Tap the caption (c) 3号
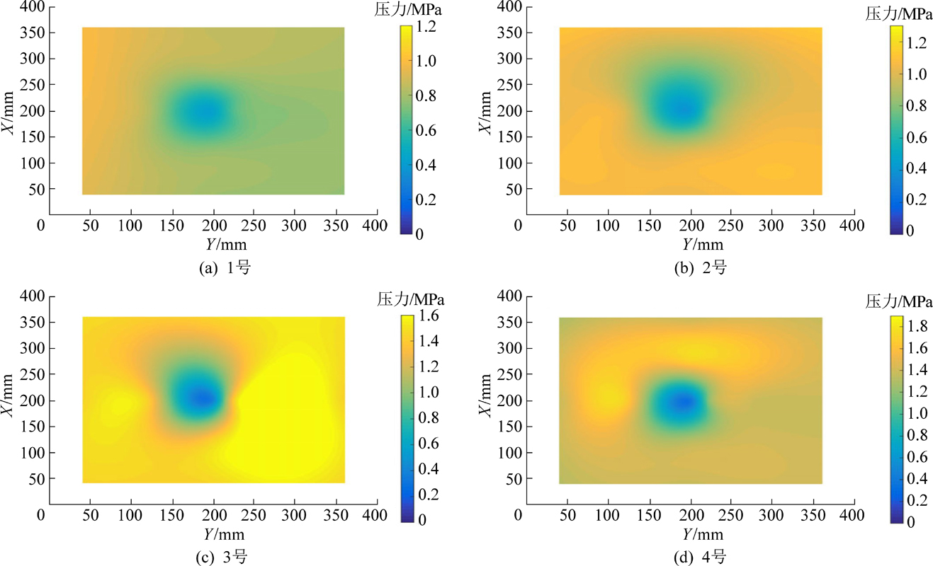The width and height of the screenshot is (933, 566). pos(217,558)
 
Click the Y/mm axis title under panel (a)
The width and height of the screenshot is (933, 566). pos(213,244)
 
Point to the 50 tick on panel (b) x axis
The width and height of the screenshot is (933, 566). pos(568,225)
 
